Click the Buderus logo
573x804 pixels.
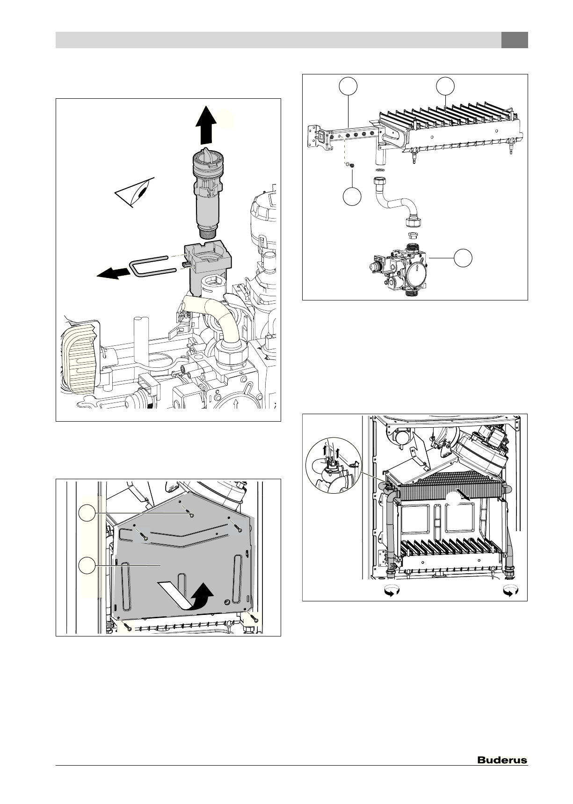click(502, 760)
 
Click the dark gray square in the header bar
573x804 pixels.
click(515, 40)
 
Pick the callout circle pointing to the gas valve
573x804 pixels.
click(463, 258)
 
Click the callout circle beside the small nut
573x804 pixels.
click(352, 197)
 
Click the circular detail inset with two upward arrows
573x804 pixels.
click(333, 468)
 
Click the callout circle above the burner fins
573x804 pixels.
click(445, 86)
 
